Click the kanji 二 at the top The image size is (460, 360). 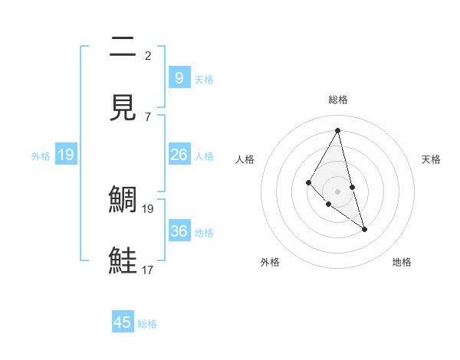pos(123,48)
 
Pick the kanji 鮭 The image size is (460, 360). pos(123,260)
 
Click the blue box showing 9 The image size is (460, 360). pos(179,77)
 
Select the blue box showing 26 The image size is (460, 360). pos(179,155)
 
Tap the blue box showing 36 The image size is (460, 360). pos(179,231)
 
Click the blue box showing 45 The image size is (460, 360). pos(123,322)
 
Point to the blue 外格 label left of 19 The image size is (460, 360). pos(41,156)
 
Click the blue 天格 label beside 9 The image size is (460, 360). pos(204,79)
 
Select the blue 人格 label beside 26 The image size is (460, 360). pos(204,156)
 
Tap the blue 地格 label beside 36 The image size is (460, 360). pos(204,233)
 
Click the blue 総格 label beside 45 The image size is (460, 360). pos(147,324)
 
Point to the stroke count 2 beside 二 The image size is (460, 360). pos(148,55)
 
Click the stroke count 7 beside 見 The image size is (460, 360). pos(148,116)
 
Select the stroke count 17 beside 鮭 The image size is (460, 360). pos(148,270)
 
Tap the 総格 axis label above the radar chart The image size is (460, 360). pos(338,100)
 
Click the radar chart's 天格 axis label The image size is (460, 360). pos(431,159)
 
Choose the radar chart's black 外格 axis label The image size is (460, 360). pos(270,262)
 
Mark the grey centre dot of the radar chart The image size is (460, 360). pos(337,191)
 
